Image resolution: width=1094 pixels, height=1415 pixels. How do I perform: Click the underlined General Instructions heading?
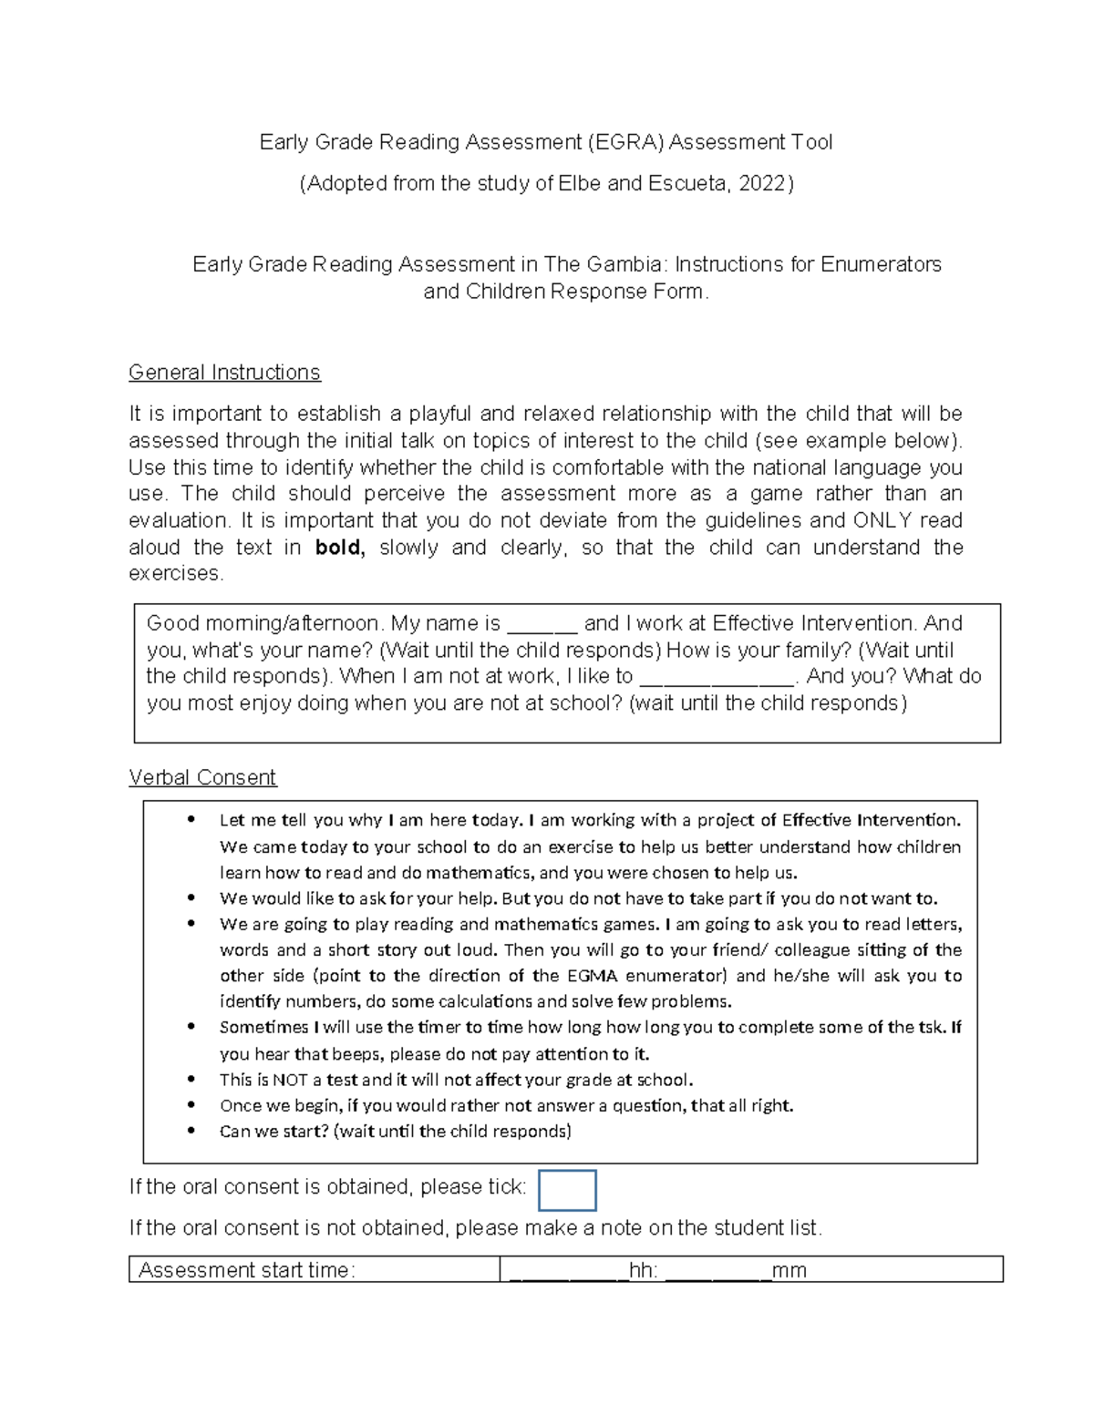coord(224,373)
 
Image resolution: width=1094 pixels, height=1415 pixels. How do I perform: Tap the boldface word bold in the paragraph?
coord(339,548)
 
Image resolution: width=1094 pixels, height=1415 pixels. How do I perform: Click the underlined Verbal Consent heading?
coord(202,777)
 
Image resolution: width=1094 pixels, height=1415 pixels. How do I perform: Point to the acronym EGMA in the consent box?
coord(592,976)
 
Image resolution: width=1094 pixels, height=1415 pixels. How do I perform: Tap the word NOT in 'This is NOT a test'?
coord(290,1080)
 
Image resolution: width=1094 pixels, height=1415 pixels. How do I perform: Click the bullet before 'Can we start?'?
coord(191,1131)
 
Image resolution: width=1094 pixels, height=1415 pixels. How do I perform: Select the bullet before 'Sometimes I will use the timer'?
coord(191,1027)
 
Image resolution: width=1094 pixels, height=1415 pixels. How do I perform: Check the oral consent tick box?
coord(567,1190)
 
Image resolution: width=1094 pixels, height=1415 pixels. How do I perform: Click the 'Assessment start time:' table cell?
coord(314,1269)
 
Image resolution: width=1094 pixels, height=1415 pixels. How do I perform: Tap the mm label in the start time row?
coord(789,1270)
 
